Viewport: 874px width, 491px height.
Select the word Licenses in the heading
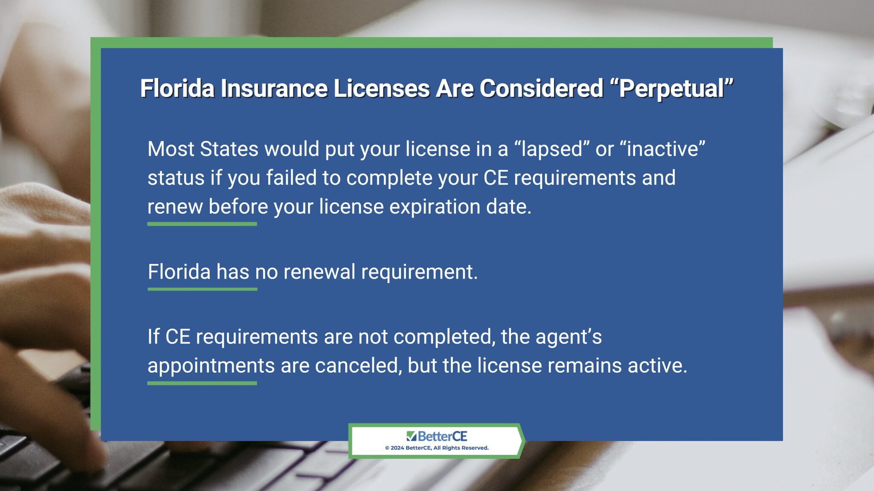(x=382, y=89)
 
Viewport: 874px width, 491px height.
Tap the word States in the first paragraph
(x=229, y=149)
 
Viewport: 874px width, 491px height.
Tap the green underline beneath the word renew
(x=202, y=224)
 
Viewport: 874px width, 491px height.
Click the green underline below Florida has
(x=202, y=289)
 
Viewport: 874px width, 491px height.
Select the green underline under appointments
(x=202, y=384)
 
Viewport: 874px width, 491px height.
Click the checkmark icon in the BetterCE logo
(x=411, y=436)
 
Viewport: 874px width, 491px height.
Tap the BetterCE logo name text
(x=442, y=436)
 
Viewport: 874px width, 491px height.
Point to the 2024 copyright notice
(x=437, y=448)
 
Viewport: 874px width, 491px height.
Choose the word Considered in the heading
(x=541, y=89)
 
